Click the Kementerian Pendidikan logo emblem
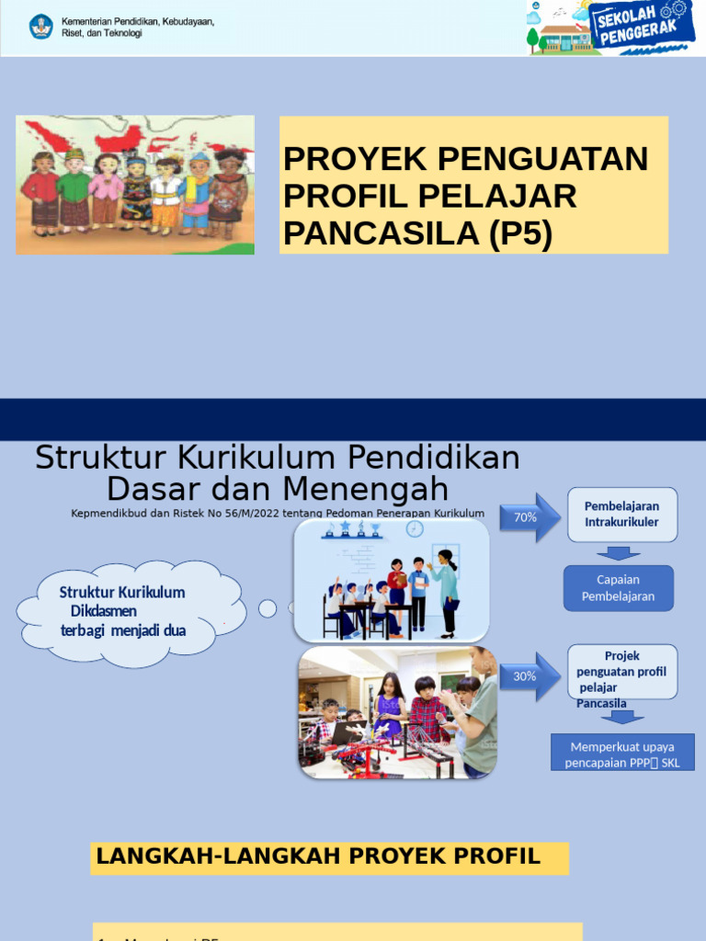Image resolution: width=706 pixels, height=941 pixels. [x=40, y=27]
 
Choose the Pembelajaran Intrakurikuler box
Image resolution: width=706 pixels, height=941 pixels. [x=621, y=515]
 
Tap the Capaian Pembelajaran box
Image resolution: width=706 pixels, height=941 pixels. [x=618, y=588]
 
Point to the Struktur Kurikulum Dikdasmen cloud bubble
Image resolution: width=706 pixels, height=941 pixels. [x=129, y=611]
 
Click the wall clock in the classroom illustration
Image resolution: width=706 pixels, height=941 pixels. [x=415, y=528]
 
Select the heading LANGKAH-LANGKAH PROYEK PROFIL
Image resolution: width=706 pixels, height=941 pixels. [x=318, y=857]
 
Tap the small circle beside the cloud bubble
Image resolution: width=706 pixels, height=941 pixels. [x=268, y=608]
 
